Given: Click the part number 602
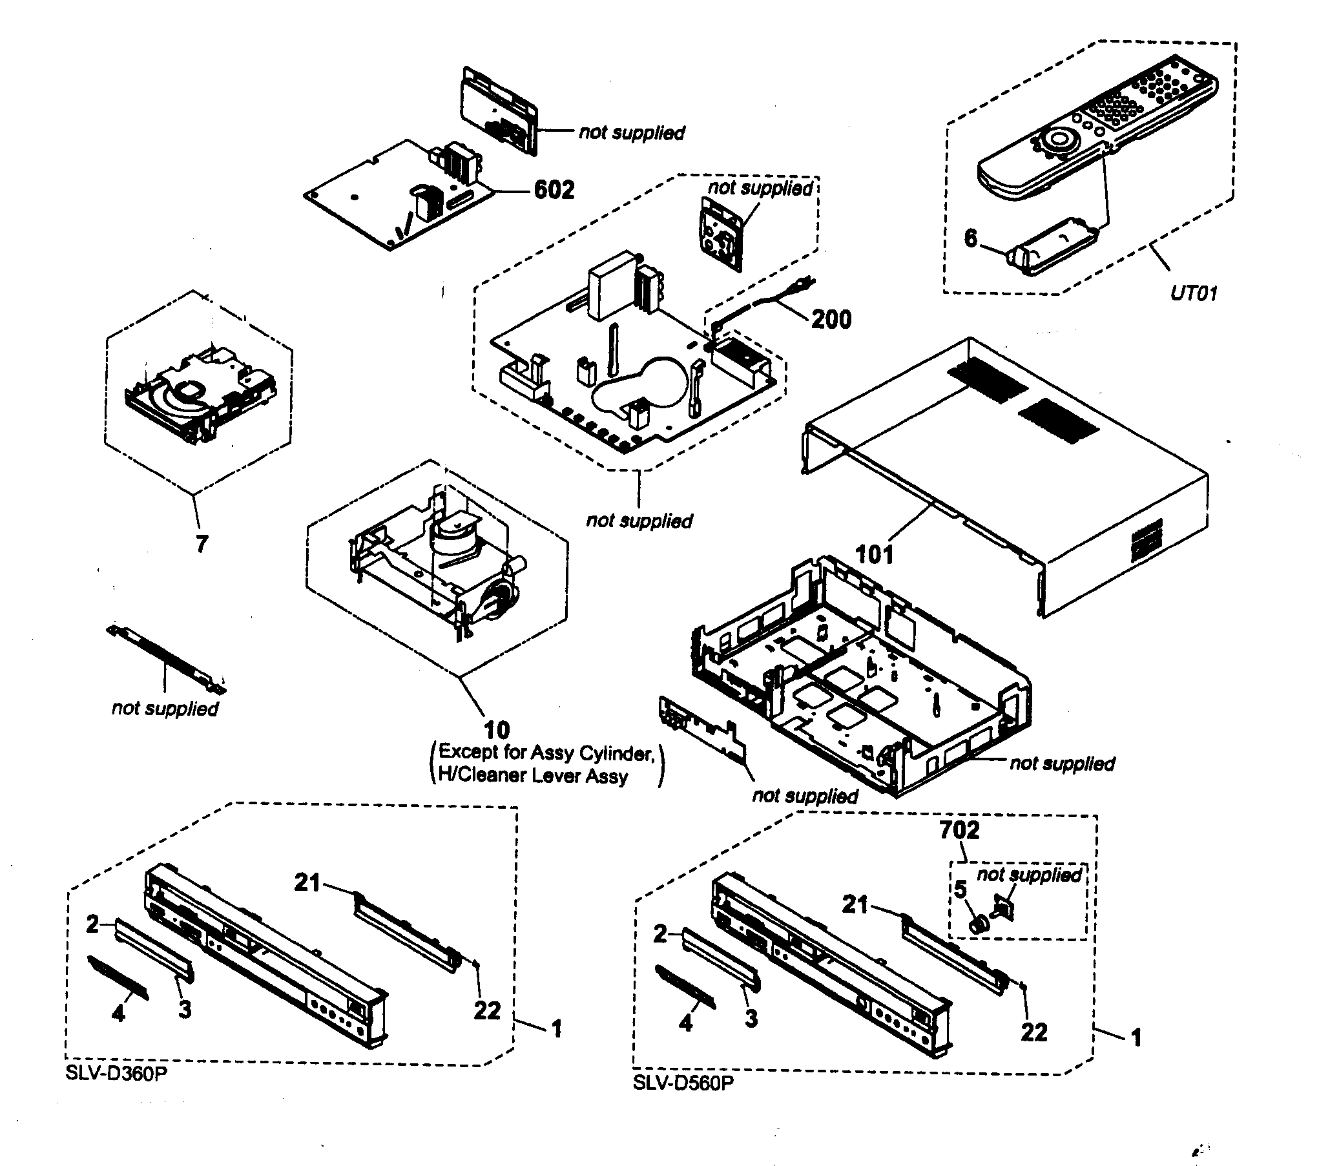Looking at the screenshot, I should pos(554,190).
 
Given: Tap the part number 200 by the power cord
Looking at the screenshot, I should pos(831,320).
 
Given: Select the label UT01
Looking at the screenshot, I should pos(1193,293).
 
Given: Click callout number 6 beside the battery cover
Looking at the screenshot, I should pos(970,238).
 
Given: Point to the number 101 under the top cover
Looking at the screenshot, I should pos(874,554).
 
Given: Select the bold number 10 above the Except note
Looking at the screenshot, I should pos(497,729).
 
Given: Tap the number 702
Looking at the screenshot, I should pos(959,830).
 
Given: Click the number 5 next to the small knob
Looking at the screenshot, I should pos(960,890).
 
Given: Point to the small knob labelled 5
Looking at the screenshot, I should pos(977,922).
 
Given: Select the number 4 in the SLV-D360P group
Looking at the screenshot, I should pos(118,1013).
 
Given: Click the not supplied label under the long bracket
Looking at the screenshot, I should pos(165,708).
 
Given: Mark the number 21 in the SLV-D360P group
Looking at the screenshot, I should pos(306,882).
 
